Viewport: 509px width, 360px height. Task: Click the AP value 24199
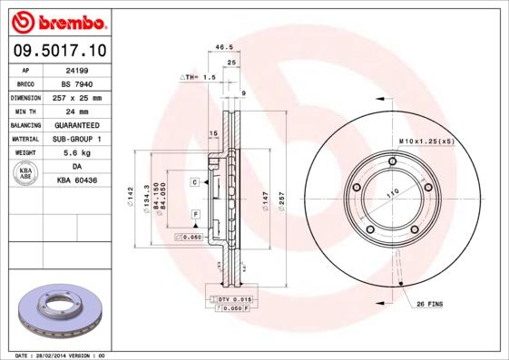point(77,69)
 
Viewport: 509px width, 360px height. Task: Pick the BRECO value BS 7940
point(77,83)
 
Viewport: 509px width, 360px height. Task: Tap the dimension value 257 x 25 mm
point(77,96)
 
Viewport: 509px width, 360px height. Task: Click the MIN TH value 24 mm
point(77,111)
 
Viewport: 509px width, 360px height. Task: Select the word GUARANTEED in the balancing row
point(77,124)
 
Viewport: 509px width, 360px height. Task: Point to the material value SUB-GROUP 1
point(77,139)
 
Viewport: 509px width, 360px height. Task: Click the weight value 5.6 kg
point(77,153)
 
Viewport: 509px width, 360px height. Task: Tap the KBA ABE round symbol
point(25,174)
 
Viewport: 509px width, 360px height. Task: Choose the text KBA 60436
point(77,181)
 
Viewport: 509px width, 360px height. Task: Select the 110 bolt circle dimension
point(393,194)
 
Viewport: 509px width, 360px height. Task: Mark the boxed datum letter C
point(194,182)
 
